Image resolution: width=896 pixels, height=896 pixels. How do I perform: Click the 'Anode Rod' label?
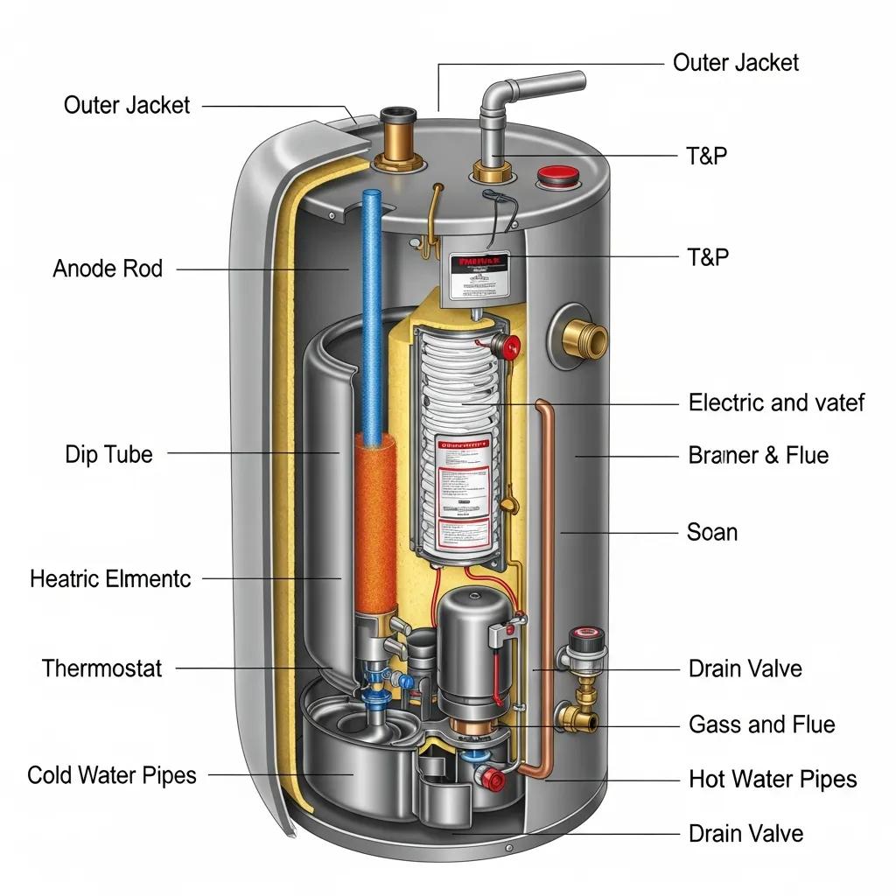[108, 269]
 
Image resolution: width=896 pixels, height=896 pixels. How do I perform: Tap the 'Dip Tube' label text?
[108, 454]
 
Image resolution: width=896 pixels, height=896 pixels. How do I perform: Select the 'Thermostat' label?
[101, 669]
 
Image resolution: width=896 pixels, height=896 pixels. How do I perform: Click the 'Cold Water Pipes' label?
[112, 775]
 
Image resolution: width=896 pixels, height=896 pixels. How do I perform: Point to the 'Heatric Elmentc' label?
[110, 578]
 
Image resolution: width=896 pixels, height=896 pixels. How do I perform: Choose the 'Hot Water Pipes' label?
[773, 779]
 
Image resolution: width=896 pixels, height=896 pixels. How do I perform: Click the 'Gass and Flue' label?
[761, 724]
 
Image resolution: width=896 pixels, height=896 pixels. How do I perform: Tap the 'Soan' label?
[712, 532]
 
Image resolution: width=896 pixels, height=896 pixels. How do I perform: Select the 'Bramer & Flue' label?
[758, 455]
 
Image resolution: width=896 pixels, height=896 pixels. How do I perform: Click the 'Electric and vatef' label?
[776, 402]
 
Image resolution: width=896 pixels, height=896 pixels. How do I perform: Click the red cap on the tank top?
[553, 177]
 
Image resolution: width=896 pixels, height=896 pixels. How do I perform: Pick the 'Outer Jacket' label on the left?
[127, 106]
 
